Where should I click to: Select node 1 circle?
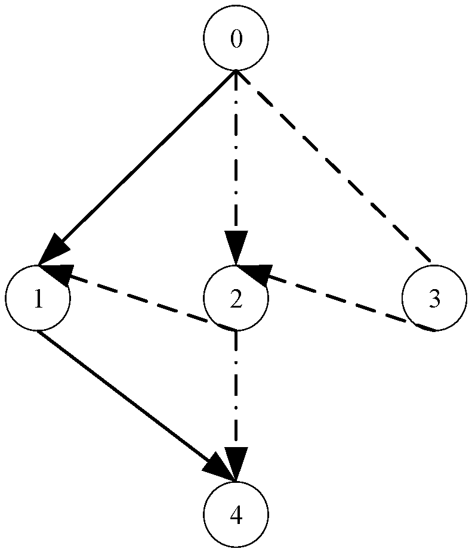click(37, 298)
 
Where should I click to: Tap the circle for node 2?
click(236, 298)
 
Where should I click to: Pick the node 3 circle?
click(434, 298)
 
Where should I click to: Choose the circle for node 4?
click(236, 514)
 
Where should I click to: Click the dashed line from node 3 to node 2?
click(346, 302)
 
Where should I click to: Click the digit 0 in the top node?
click(236, 39)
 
